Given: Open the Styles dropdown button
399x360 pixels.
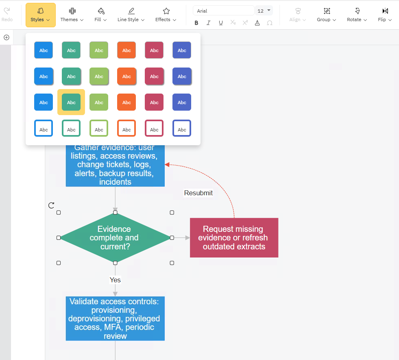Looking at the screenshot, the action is [x=40, y=15].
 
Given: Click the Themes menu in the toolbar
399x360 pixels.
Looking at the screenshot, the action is [x=72, y=15].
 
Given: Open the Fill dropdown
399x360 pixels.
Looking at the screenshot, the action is [x=100, y=15].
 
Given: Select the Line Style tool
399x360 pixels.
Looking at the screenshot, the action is [x=131, y=15].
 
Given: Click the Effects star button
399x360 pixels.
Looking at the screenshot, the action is [x=166, y=15].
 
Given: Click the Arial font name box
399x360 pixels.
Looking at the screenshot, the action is [x=223, y=11].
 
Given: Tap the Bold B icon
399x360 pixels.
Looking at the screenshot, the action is [x=196, y=23].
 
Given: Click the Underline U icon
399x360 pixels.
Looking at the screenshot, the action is [x=220, y=23].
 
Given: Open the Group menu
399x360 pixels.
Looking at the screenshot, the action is [x=327, y=15].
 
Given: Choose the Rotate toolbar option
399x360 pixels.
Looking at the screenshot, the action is [x=357, y=15].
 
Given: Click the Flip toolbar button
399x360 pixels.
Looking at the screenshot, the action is [x=385, y=15].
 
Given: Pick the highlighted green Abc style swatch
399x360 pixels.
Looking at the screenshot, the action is [x=71, y=102].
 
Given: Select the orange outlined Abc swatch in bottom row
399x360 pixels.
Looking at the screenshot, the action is [x=126, y=128].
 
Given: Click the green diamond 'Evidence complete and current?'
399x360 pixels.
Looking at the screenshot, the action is [x=115, y=238].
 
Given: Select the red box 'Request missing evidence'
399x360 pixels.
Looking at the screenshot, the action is [x=234, y=238].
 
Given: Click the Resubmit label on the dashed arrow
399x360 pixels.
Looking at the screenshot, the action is [x=198, y=193].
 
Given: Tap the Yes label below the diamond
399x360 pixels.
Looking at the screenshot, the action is [x=115, y=280].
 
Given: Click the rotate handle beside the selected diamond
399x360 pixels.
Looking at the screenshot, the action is [x=51, y=205].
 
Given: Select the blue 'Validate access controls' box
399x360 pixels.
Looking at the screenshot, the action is [x=115, y=319].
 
